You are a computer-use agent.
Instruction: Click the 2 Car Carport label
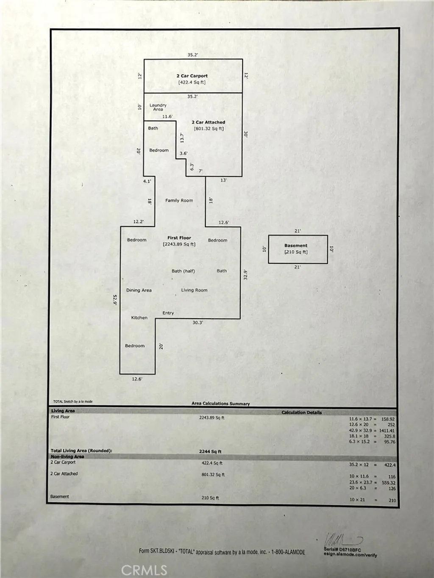pos(192,76)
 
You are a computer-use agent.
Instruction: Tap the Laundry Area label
pos(158,107)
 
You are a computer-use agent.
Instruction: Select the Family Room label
pos(179,200)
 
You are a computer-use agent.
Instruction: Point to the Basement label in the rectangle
pos(296,246)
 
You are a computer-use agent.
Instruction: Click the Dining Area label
pos(139,290)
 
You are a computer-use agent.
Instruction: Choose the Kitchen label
pos(139,318)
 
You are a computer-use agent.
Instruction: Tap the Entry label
pos(168,313)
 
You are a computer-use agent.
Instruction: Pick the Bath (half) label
pos(183,271)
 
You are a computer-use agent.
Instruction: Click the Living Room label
pos(194,290)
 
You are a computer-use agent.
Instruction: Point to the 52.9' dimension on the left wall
pos(115,300)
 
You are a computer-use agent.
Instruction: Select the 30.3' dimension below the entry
pos(198,322)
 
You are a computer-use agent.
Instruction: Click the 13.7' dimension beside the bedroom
pos(182,138)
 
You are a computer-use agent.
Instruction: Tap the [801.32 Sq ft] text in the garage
pos(209,129)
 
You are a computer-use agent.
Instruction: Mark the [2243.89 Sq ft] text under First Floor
pos(179,244)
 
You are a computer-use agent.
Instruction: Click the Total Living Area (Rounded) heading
pos(81,451)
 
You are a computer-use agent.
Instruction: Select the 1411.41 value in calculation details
pos(387,431)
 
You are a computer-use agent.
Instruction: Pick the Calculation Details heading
pos(302,412)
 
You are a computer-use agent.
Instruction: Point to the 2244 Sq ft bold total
pos(210,451)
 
